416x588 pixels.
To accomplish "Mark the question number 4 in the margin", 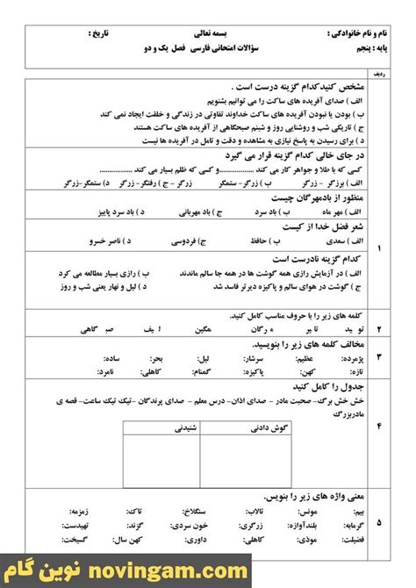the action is [379, 427].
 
